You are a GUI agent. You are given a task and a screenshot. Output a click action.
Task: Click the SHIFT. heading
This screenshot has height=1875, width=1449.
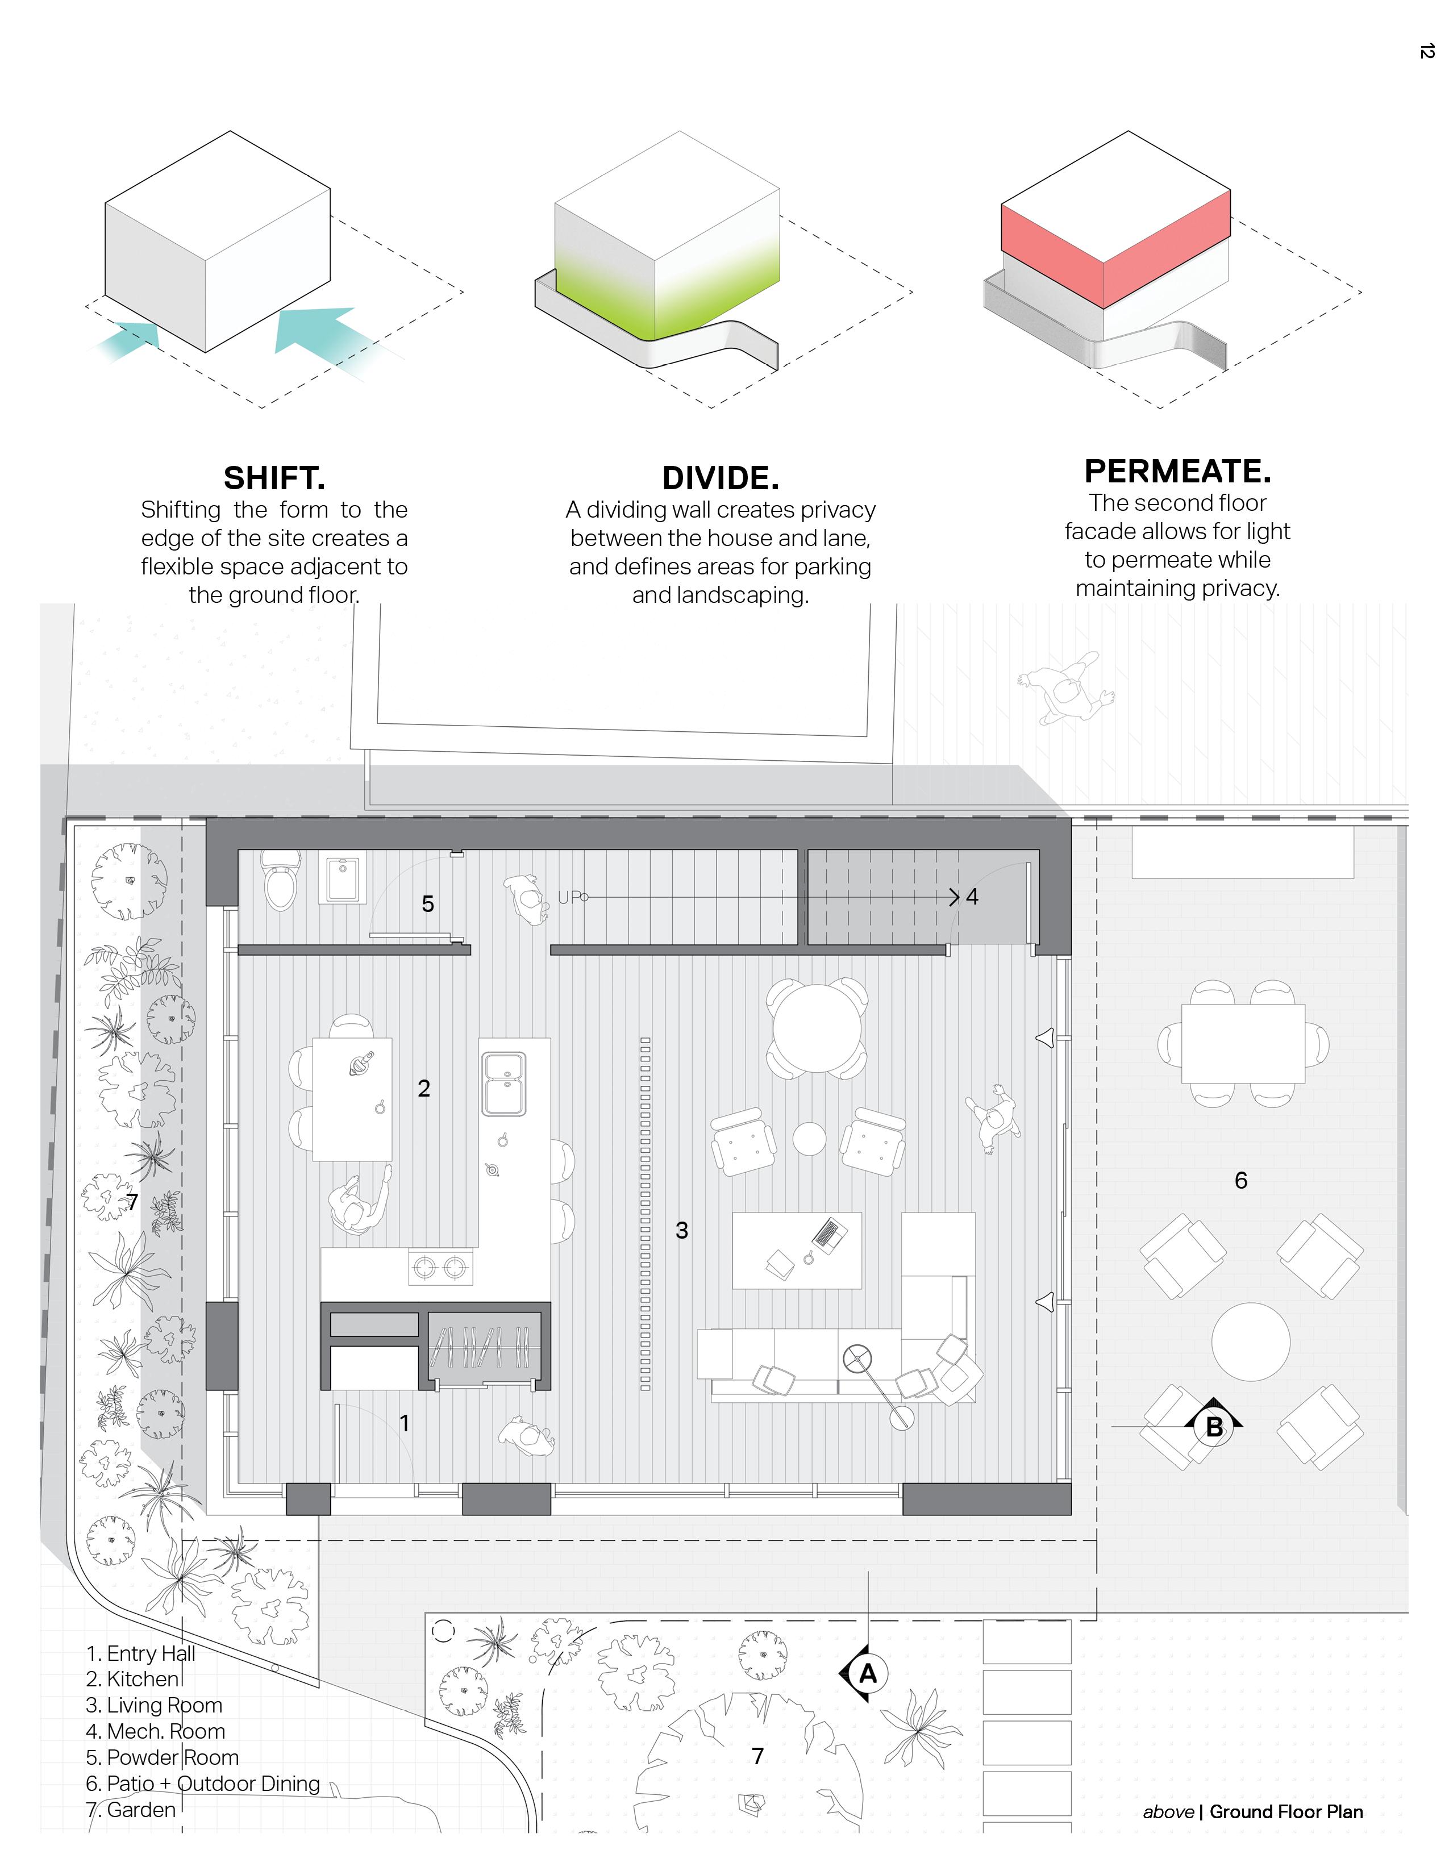click(274, 477)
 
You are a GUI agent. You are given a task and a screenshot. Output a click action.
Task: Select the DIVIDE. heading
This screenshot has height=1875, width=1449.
click(720, 477)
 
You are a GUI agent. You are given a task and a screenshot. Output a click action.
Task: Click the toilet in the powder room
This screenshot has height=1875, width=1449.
click(281, 879)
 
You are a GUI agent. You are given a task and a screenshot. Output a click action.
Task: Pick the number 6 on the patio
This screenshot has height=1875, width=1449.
click(1240, 1181)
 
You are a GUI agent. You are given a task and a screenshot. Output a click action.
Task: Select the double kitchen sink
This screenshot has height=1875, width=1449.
click(504, 1084)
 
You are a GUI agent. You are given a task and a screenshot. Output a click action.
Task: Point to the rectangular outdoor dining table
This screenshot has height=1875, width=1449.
click(1243, 1044)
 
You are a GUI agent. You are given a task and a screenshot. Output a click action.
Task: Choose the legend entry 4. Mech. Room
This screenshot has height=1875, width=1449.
click(155, 1731)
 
